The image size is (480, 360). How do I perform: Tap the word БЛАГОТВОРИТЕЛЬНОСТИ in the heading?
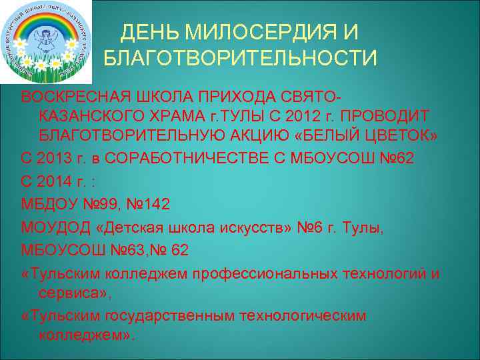[241, 59]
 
